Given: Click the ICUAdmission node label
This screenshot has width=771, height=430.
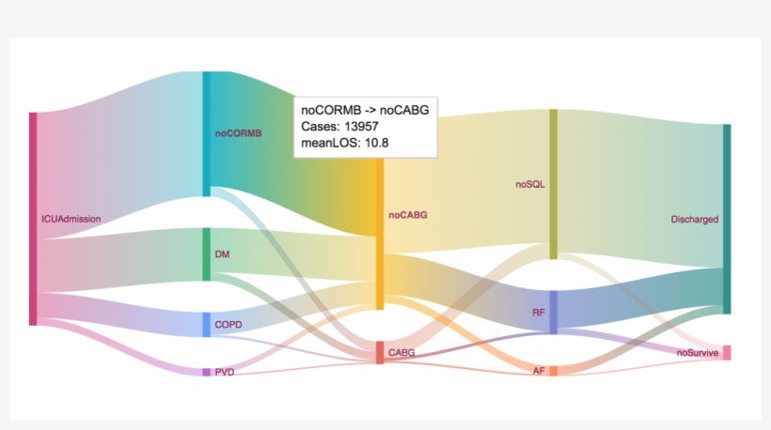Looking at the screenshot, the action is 71,219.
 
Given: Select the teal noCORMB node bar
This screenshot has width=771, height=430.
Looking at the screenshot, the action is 207,134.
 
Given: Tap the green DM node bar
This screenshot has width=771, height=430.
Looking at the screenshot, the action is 207,254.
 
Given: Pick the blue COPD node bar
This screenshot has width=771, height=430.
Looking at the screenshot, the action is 207,325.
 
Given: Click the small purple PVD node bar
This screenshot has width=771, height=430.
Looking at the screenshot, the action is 207,372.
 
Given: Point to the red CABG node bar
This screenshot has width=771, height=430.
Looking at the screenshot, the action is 380,352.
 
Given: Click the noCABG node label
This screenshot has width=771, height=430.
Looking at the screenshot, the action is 408,215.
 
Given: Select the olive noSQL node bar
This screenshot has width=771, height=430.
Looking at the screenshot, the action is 553,184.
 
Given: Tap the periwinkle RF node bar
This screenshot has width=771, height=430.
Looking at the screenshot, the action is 553,313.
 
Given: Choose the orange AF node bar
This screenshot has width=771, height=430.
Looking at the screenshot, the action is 553,371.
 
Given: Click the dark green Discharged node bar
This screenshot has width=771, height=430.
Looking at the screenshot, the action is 727,219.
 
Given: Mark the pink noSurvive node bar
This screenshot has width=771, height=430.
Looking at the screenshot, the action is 727,352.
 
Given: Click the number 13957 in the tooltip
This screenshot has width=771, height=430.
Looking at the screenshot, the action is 361,126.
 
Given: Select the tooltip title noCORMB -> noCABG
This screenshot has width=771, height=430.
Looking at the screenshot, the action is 365,110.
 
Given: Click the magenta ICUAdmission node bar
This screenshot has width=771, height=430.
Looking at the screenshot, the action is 33,219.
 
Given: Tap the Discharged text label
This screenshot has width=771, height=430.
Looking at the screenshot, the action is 694,220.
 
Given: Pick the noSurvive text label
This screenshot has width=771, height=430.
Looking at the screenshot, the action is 698,353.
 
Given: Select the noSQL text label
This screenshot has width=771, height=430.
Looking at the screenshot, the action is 530,185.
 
